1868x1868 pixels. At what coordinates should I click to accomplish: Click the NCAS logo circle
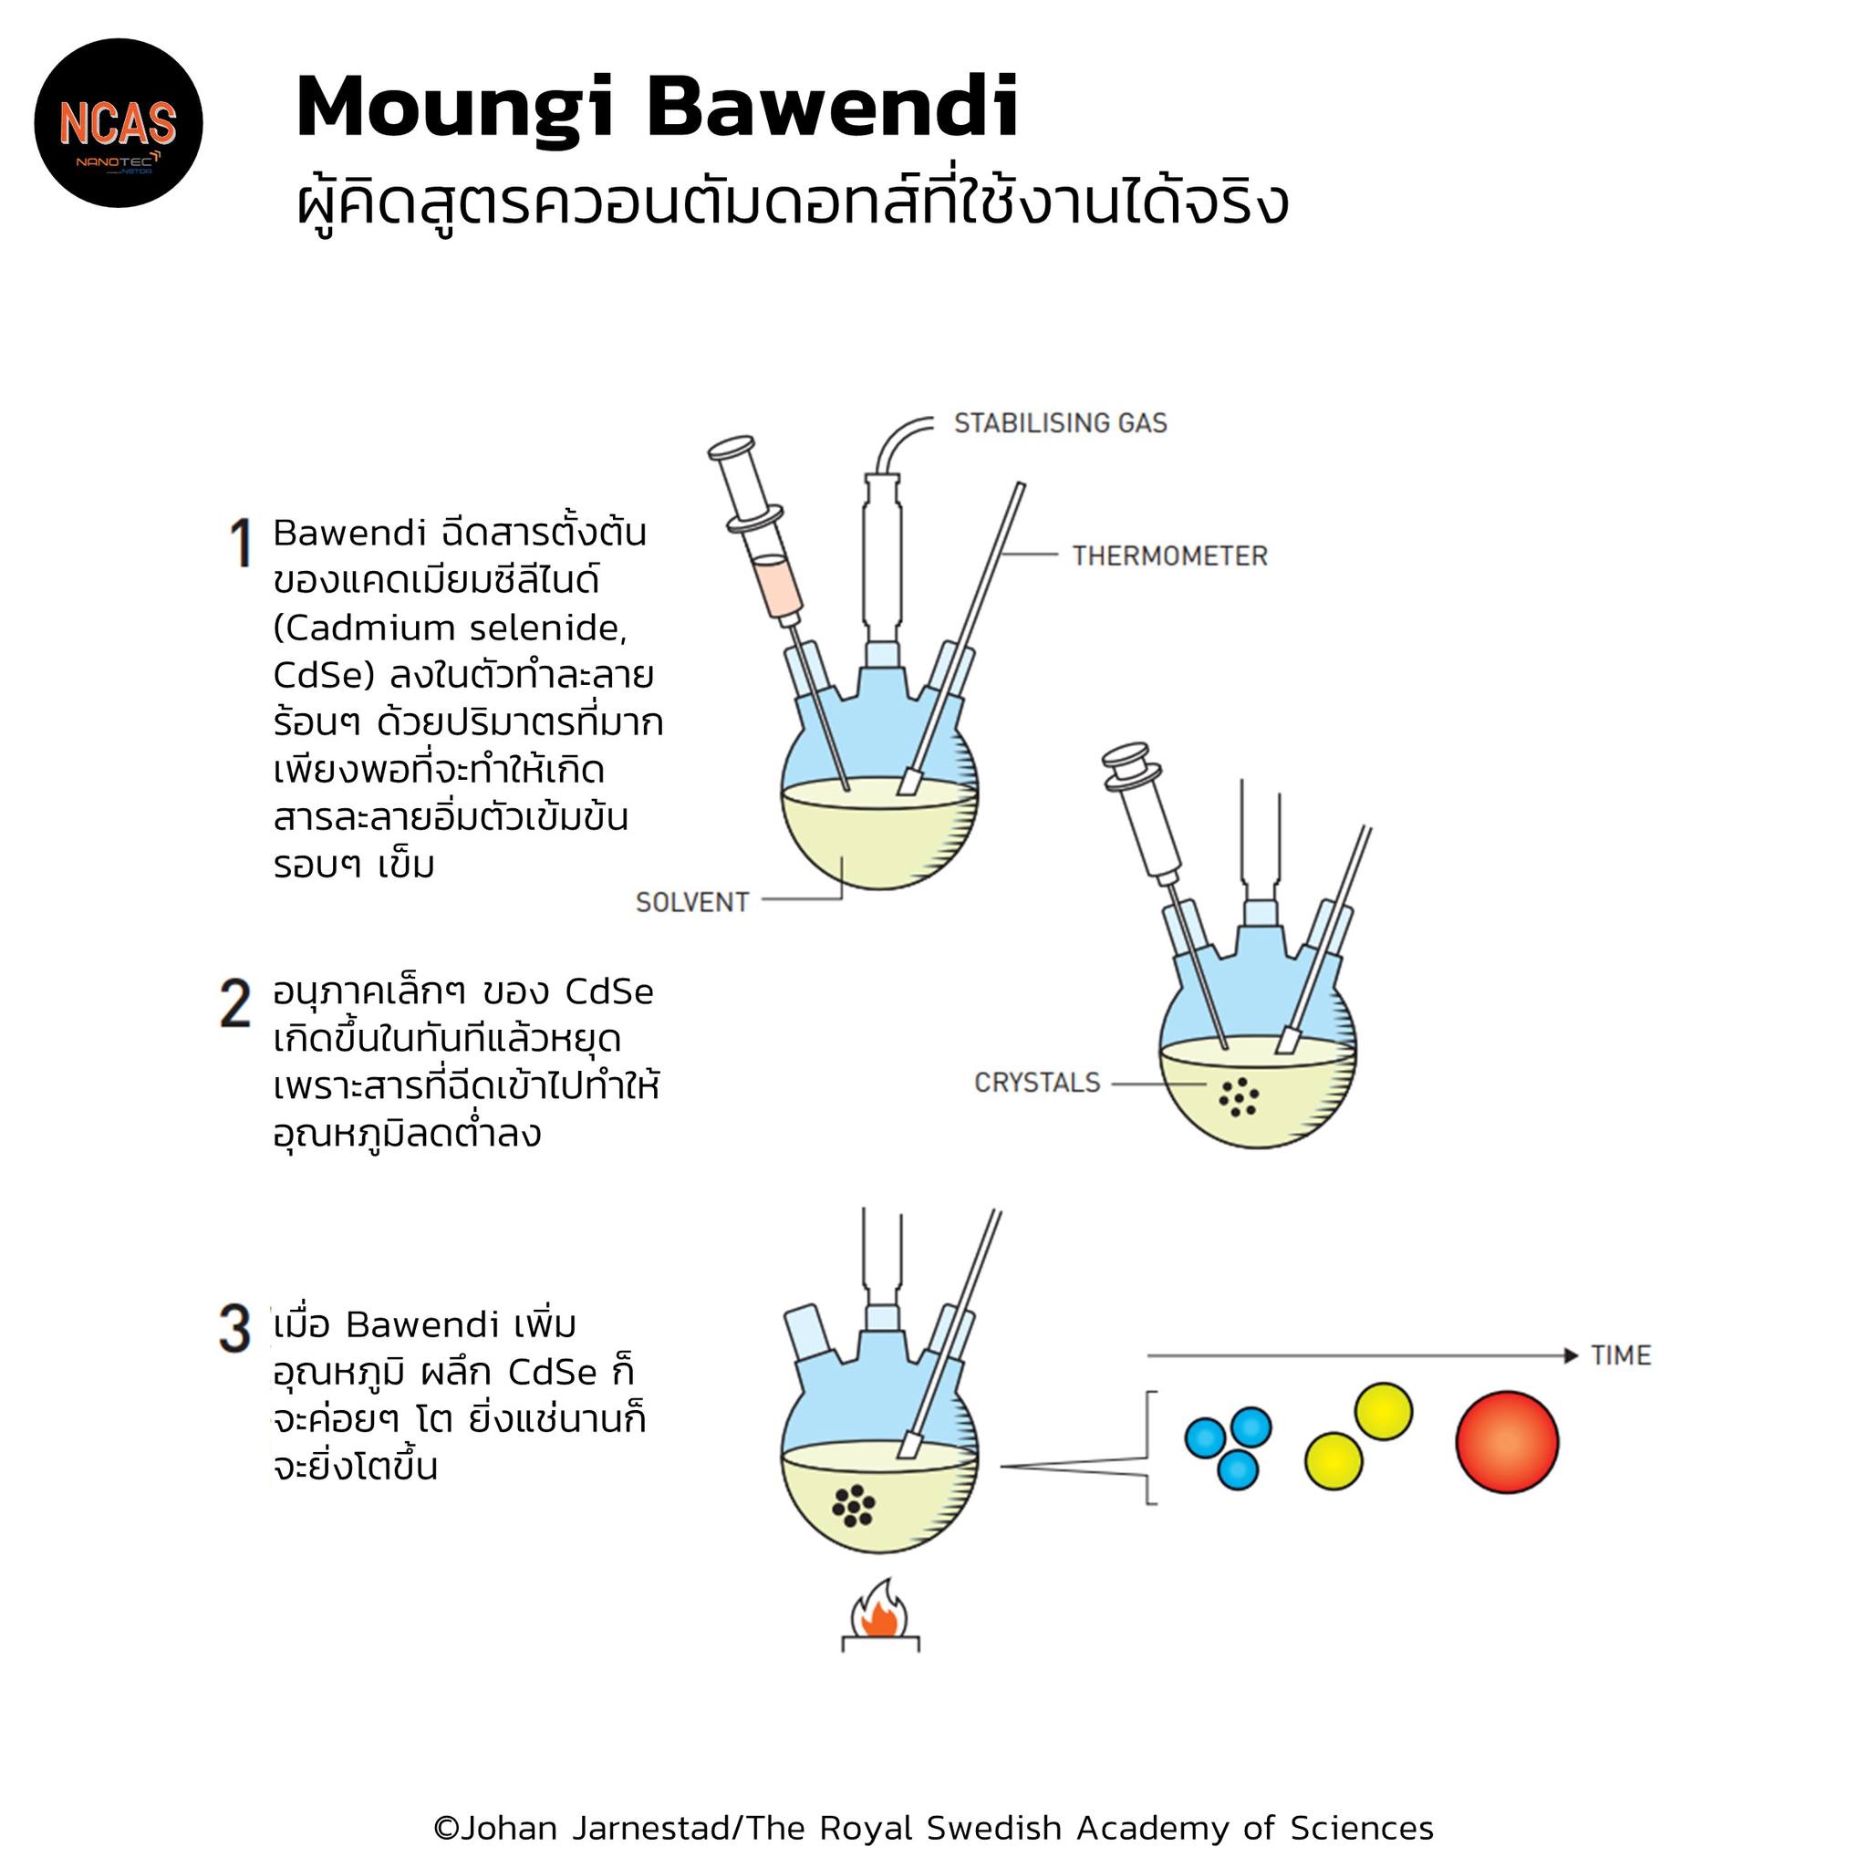pos(118,123)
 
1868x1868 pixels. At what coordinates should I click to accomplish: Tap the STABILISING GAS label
pos(1060,422)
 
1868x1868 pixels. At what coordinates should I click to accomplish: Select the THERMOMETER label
pos(1169,556)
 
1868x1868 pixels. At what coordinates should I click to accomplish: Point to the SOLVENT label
pos(692,902)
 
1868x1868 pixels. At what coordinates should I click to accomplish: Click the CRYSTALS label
pos(1036,1082)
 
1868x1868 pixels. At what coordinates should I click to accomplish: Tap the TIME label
pos(1621,1355)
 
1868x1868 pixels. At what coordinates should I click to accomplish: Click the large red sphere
pos(1507,1442)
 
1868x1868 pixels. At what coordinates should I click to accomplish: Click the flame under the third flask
pos(879,1608)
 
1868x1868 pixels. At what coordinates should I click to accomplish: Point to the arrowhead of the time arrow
pos(1572,1355)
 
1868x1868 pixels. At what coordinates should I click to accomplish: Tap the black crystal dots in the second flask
pos(1239,1096)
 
